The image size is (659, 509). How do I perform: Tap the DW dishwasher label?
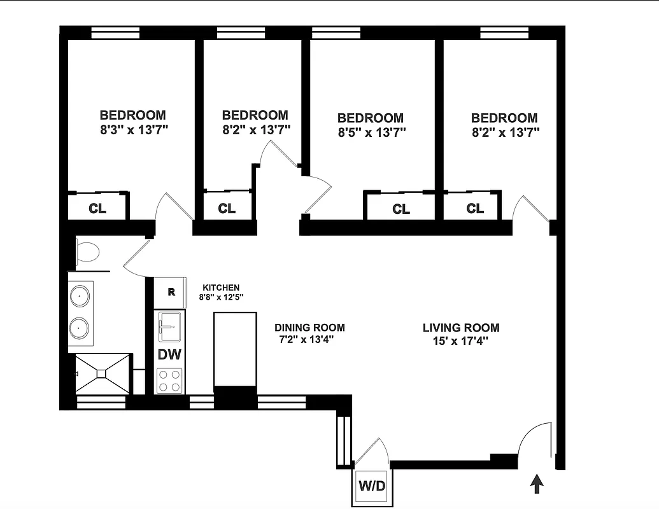point(170,354)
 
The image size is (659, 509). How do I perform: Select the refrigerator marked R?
point(171,293)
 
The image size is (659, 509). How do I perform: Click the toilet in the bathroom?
point(87,253)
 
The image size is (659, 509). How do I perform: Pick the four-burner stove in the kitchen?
point(169,380)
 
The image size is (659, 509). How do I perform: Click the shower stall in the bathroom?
point(103,375)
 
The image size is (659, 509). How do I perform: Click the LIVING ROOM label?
point(461,328)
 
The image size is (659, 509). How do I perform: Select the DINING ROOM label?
point(310,328)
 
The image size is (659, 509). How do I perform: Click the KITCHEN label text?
point(221,288)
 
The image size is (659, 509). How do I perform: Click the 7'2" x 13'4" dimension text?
point(306,340)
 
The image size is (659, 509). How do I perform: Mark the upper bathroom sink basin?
point(80,296)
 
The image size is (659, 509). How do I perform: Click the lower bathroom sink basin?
point(80,328)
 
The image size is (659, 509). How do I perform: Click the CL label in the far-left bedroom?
point(97,208)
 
